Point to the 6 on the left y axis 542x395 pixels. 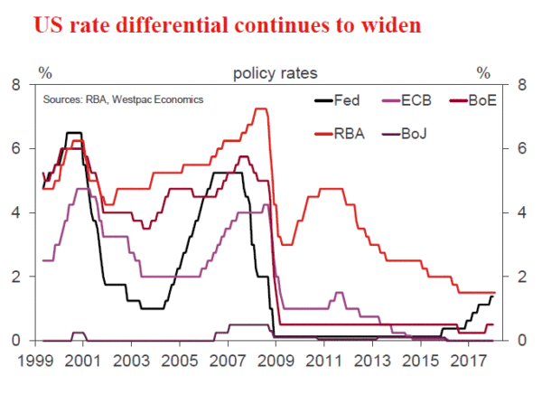[16, 149]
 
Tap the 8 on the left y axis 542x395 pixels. [16, 85]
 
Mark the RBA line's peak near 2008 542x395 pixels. [261, 109]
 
